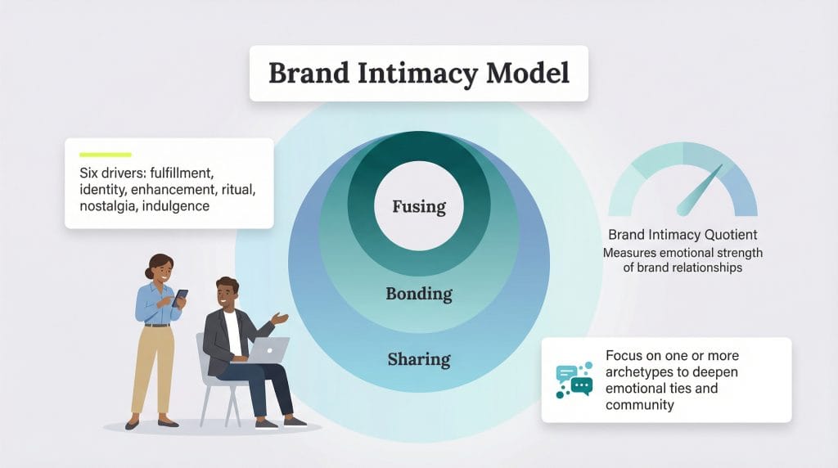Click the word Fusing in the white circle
tap(418, 207)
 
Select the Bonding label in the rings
tap(418, 293)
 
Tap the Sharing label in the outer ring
tap(418, 358)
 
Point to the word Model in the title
tap(528, 74)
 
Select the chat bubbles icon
tap(573, 380)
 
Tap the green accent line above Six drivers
tap(105, 154)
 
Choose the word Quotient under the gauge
tap(728, 235)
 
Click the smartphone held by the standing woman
tap(181, 297)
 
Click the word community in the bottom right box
tap(640, 404)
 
